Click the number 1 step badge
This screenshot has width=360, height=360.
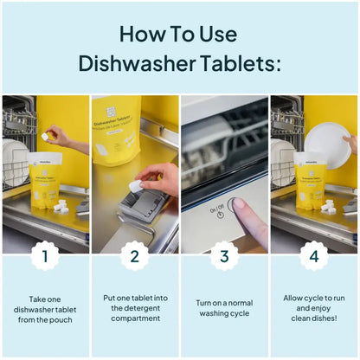[x=45, y=256]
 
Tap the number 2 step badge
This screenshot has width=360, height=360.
[x=134, y=256]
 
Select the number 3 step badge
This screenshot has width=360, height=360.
[x=224, y=256]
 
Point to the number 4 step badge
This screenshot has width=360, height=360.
[x=314, y=256]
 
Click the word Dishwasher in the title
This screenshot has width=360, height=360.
[x=133, y=63]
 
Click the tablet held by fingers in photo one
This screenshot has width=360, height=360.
[x=46, y=137]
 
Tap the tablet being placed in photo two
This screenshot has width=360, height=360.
[x=137, y=184]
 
